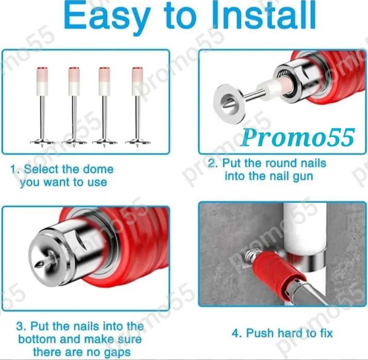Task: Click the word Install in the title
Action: click(265, 14)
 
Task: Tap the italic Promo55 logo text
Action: click(297, 138)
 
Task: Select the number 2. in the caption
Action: click(213, 163)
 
